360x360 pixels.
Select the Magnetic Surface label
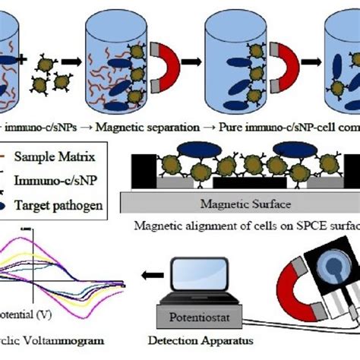(238, 203)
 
